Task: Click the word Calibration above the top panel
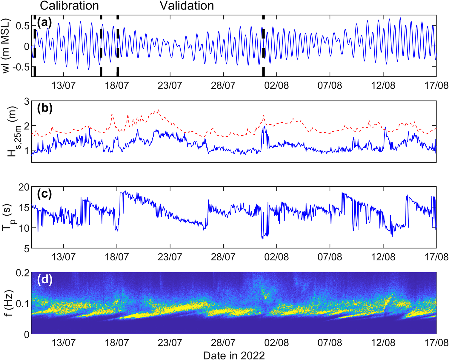click(x=69, y=6)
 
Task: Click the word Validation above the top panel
click(x=187, y=6)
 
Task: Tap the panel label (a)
click(x=44, y=22)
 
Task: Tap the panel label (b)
click(x=45, y=108)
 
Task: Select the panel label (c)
click(x=44, y=194)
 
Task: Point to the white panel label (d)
click(x=45, y=279)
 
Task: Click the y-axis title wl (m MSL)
click(x=6, y=46)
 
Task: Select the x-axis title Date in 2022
click(x=234, y=355)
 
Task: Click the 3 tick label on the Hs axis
click(x=27, y=101)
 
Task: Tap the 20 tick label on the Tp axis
click(x=24, y=187)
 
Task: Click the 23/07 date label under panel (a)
click(x=170, y=85)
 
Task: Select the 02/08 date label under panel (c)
click(x=276, y=257)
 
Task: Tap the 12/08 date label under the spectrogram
click(x=383, y=342)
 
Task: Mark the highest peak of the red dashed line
click(x=159, y=110)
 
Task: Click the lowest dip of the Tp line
click(x=262, y=239)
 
